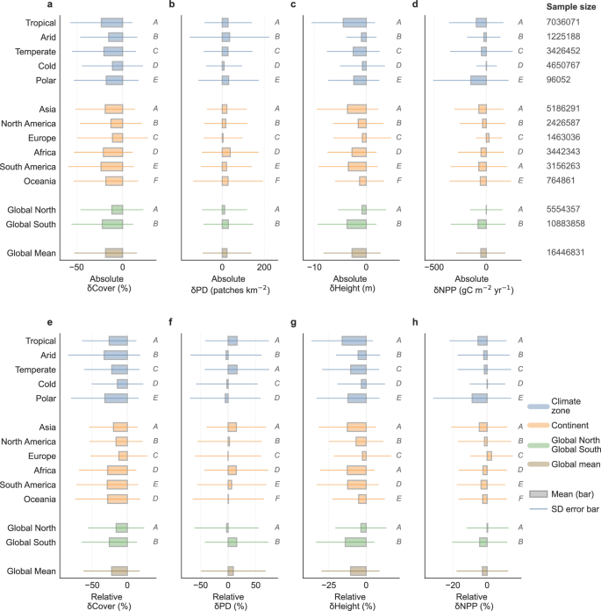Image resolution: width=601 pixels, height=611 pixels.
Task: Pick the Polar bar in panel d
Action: [x=478, y=80]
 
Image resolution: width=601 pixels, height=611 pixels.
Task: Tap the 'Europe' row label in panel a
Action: [x=42, y=138]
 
